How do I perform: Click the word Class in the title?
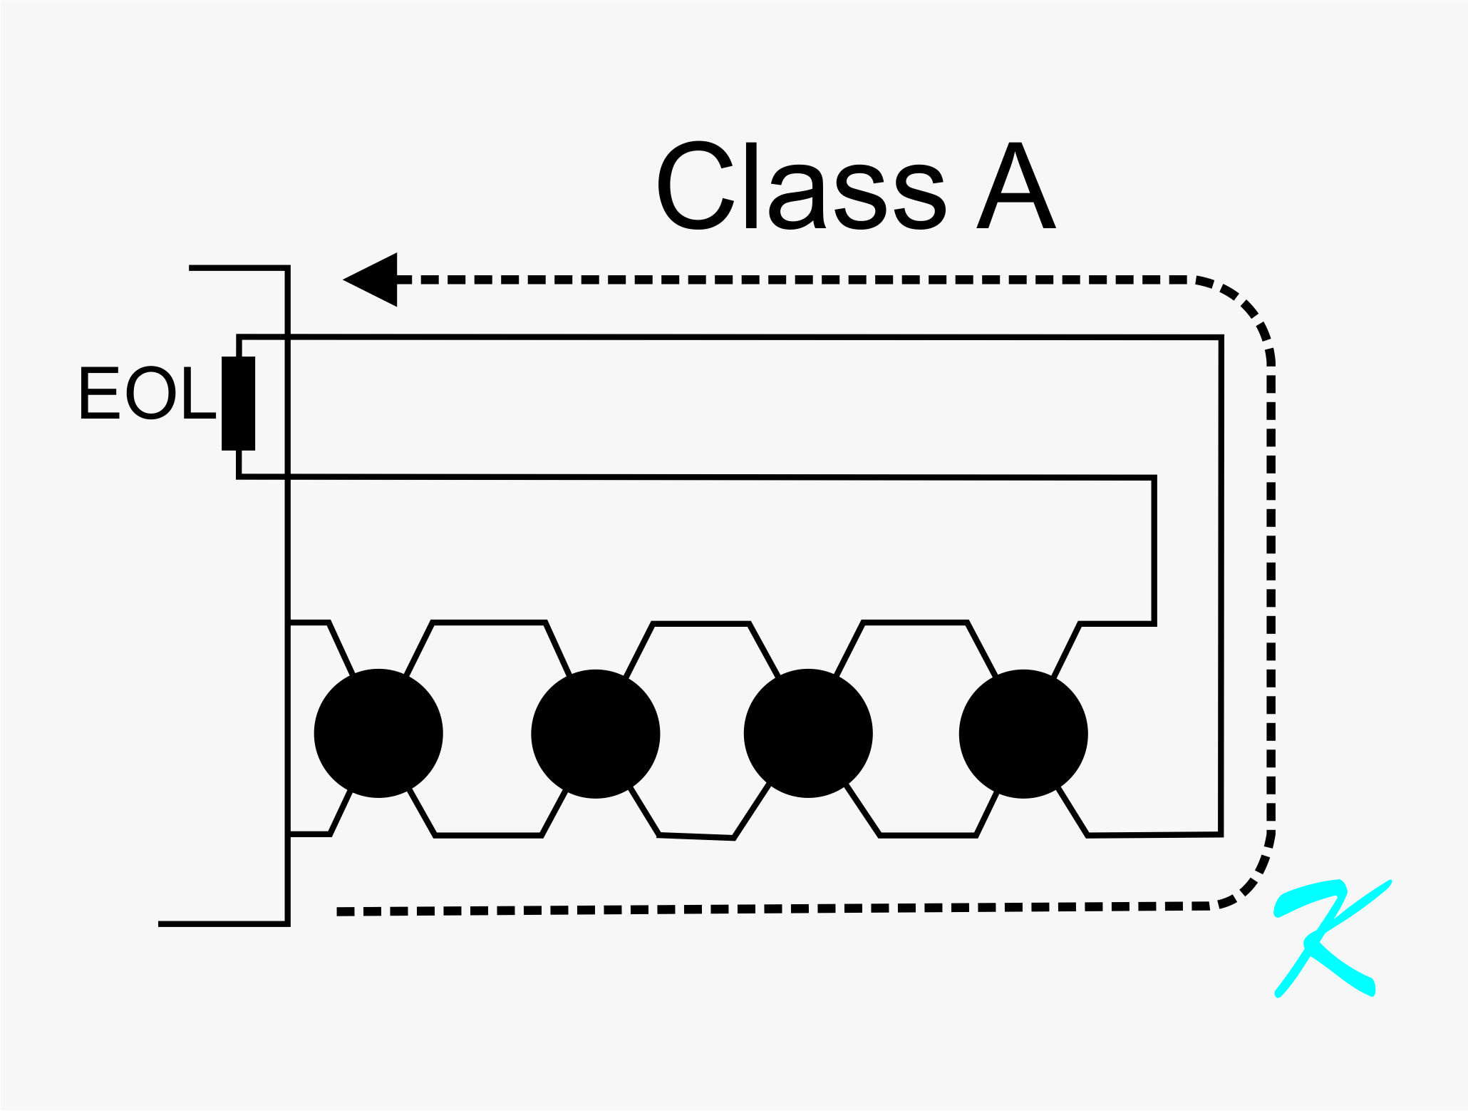coord(801,187)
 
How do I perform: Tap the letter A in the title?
coord(1015,187)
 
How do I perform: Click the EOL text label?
coord(147,393)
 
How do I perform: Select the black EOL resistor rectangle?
coord(238,404)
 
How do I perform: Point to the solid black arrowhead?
coord(373,280)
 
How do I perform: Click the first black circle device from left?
coord(378,733)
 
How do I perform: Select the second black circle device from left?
coord(596,734)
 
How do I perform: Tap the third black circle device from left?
coord(808,734)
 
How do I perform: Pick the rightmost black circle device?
coord(1023,734)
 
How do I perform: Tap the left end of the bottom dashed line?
coord(339,911)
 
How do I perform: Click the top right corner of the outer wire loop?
coord(1221,338)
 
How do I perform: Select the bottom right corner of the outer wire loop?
coord(1221,834)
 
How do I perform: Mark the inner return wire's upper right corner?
coord(1153,478)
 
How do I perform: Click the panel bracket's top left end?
coord(191,268)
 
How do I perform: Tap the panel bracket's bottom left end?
coord(160,923)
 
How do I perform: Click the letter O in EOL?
coord(150,393)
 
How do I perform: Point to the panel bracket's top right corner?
coord(287,268)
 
